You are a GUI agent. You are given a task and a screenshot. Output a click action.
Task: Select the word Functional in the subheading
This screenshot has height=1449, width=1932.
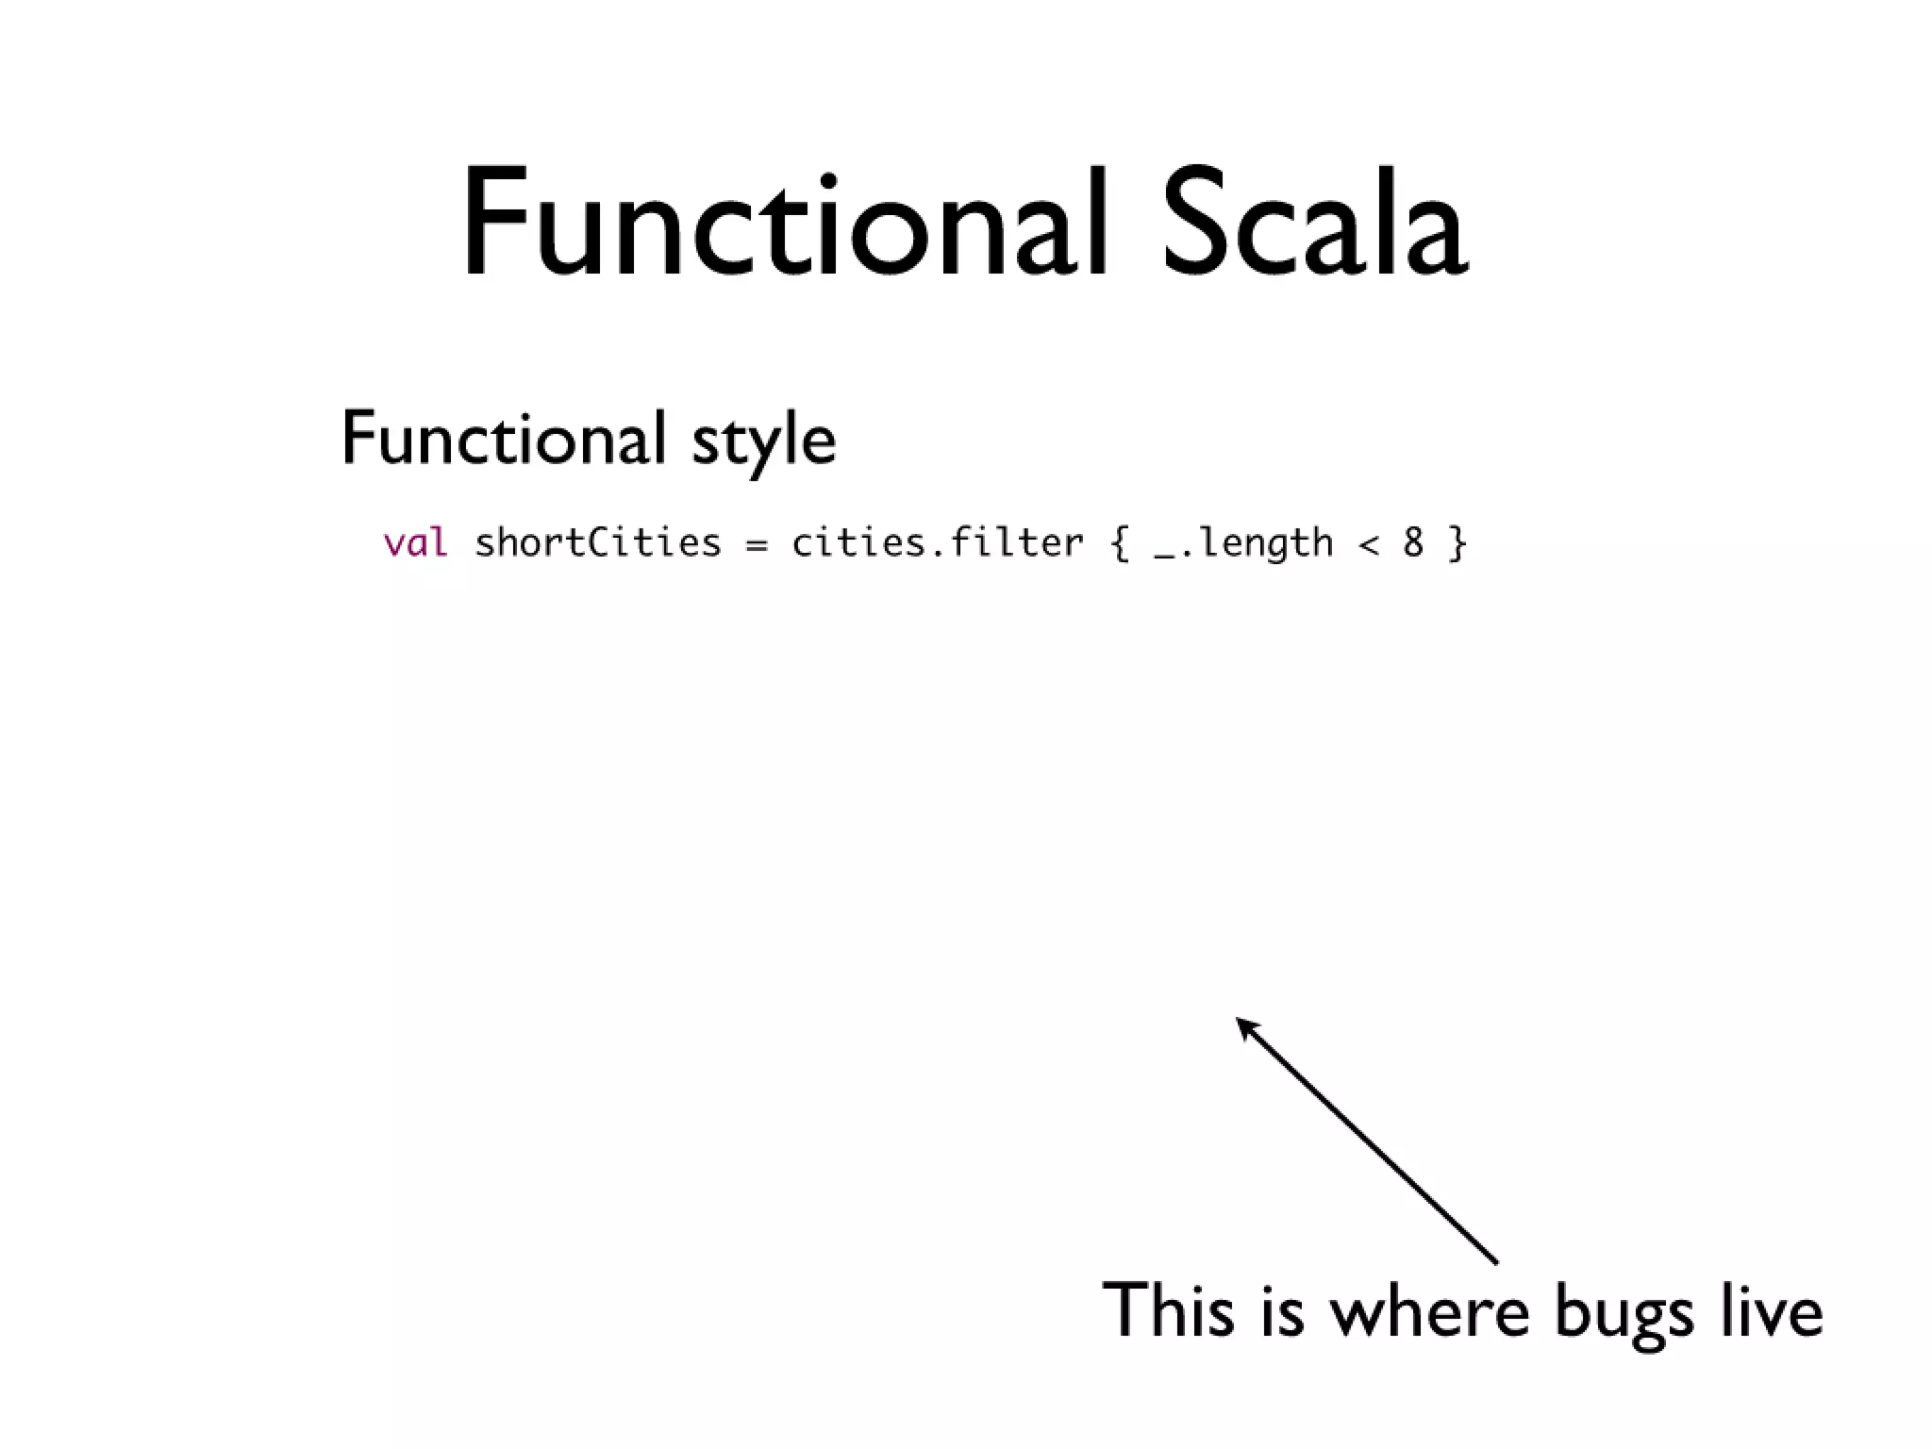click(502, 439)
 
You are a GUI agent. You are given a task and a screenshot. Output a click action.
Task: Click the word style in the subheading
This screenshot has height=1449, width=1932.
click(764, 441)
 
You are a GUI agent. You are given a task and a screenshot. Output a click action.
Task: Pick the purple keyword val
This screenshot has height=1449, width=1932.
click(415, 542)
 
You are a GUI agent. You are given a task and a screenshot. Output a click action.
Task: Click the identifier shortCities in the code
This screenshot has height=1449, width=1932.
click(597, 542)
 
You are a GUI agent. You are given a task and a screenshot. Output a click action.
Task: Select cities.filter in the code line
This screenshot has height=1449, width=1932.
click(938, 542)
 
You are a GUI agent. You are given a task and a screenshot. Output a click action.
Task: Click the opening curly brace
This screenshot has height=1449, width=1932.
click(1120, 543)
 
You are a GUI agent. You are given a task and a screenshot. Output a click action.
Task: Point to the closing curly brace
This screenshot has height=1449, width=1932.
click(1457, 543)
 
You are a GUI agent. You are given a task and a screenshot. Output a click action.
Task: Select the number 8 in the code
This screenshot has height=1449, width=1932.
click(1412, 542)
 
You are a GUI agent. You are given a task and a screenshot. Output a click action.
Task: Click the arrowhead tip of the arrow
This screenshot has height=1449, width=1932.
click(1240, 1021)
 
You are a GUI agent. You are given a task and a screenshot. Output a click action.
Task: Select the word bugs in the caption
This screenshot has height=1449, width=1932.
click(1624, 1313)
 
